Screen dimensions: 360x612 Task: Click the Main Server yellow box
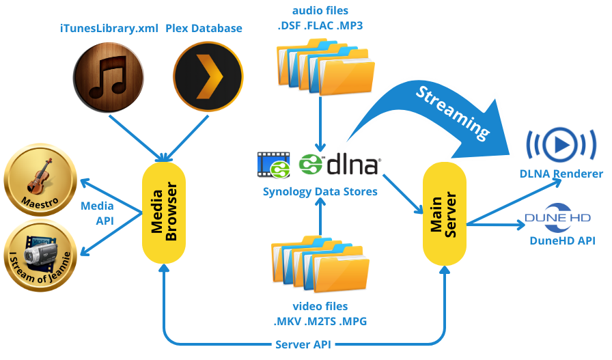tap(444, 214)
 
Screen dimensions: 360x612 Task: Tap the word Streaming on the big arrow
tap(453, 110)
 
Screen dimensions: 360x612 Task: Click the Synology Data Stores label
tap(320, 192)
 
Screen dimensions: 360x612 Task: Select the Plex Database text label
tap(204, 29)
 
